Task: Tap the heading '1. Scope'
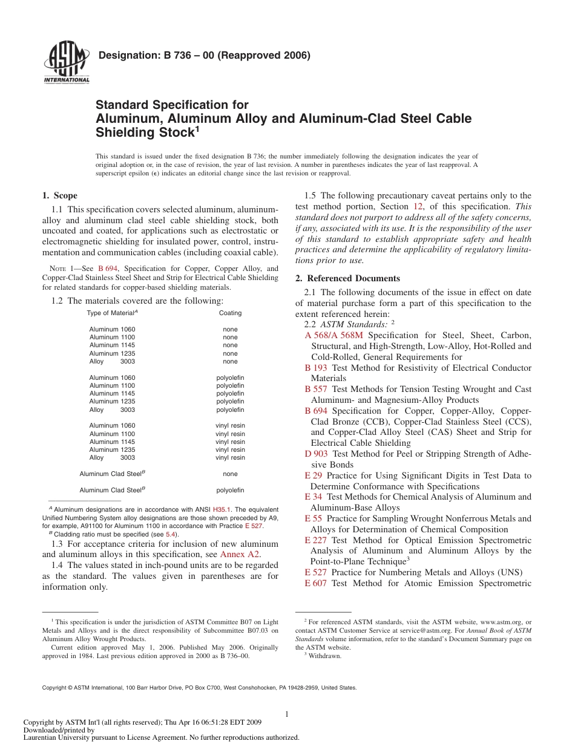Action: click(59, 195)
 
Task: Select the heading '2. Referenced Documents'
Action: click(347, 278)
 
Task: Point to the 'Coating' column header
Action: click(230, 313)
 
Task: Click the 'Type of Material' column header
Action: click(112, 313)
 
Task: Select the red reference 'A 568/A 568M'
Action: click(334, 335)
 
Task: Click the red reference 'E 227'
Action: click(315, 540)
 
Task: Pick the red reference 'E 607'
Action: click(315, 583)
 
